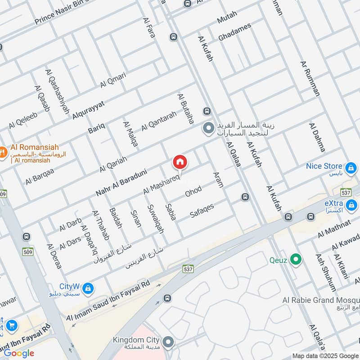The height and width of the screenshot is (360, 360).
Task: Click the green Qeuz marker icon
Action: tap(296, 259)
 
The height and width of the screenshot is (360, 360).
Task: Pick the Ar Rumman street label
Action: tap(310, 78)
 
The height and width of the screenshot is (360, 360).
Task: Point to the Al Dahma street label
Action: tap(317, 137)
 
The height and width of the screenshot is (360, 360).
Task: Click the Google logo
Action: tap(19, 353)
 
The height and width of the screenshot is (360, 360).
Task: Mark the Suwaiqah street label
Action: tap(156, 219)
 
